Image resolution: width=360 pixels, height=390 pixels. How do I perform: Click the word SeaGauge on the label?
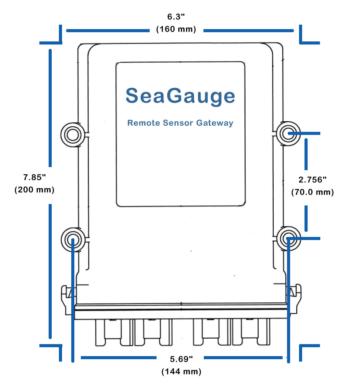180,96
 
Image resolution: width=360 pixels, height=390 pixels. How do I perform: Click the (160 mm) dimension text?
176,29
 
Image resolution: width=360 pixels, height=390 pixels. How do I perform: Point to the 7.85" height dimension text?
34,178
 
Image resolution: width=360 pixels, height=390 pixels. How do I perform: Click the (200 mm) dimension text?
34,190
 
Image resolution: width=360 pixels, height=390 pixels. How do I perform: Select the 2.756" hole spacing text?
312,180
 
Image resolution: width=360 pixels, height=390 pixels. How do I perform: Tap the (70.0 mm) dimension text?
312,192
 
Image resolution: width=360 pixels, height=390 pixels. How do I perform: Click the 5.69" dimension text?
181,359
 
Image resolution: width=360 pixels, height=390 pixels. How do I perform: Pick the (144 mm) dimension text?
181,372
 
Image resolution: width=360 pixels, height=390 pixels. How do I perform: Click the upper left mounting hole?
72,135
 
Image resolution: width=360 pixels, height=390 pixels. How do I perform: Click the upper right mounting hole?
288,134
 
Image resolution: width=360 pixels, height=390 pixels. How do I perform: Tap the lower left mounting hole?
72,239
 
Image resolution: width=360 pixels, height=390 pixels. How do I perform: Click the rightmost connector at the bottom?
249,332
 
